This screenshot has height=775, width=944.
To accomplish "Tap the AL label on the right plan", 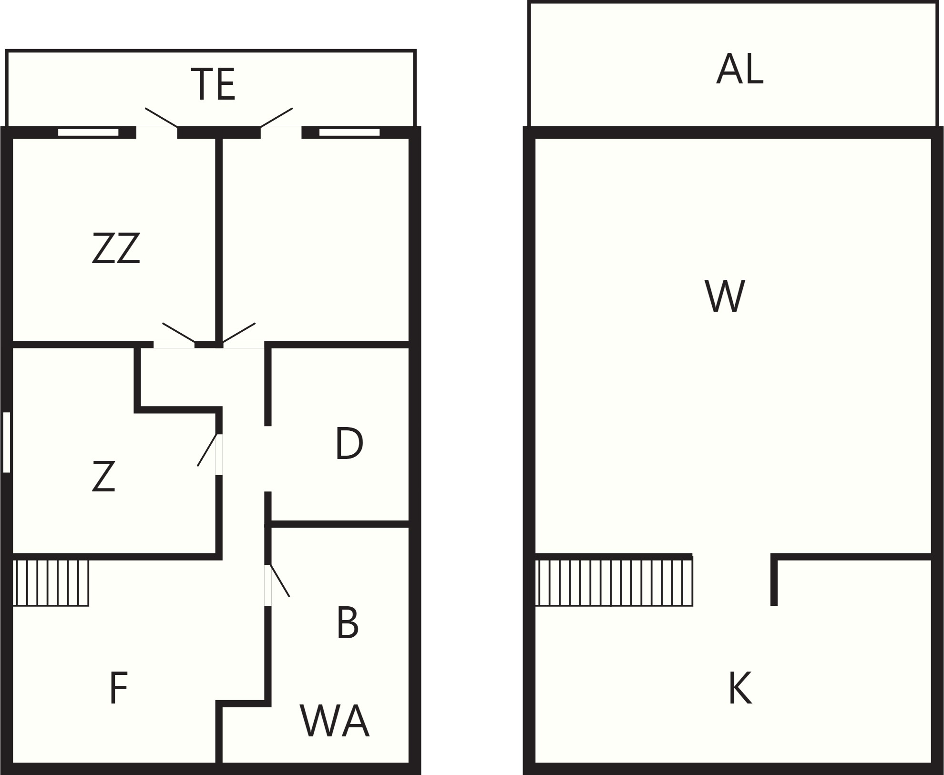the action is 739,69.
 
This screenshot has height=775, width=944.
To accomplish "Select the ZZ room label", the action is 116,248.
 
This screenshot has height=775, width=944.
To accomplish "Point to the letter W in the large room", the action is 725,296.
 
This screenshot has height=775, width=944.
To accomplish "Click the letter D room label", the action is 349,444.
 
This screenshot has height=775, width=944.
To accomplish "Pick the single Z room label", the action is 103,476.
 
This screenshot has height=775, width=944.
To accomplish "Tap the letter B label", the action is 348,623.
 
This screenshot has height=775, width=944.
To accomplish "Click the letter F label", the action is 118,687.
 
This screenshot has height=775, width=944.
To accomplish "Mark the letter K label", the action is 740,688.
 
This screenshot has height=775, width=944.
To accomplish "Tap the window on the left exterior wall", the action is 7,442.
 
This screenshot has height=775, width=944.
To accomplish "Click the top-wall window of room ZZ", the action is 88,133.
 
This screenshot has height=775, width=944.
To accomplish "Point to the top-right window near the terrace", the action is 349,133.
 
